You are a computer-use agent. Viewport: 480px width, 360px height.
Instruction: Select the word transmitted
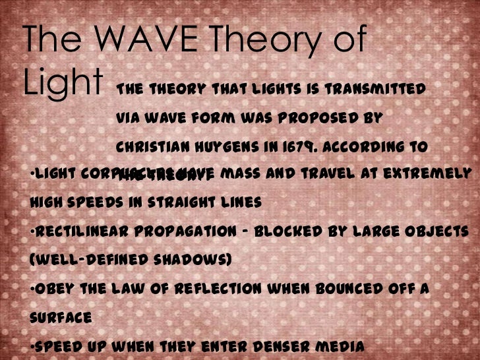click(383, 88)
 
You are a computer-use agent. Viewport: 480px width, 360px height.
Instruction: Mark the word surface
click(57, 317)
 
